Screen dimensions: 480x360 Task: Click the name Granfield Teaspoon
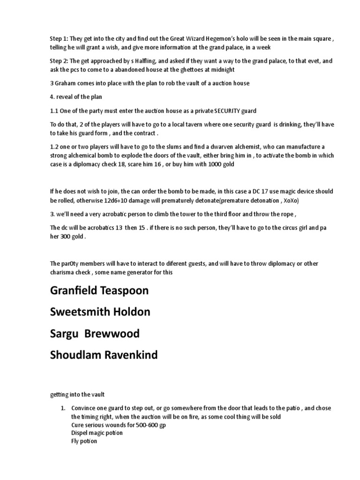[99, 291]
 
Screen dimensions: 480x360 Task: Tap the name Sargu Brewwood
[95, 334]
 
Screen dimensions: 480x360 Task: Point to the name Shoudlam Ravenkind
[104, 355]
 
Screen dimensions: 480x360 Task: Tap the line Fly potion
[84, 441]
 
